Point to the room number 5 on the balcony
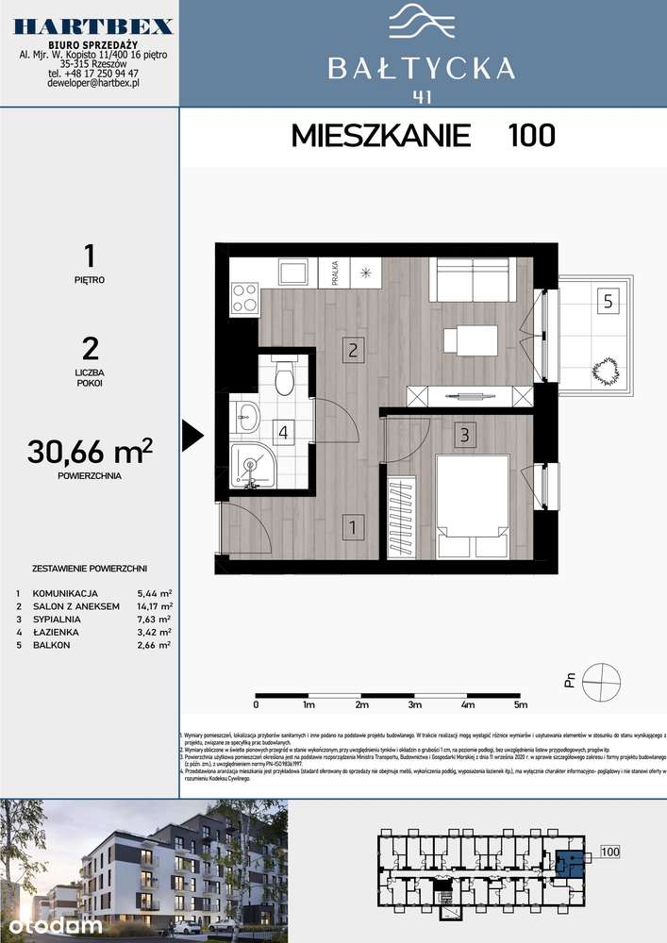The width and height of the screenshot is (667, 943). (609, 302)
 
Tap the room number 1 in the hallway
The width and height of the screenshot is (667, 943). (349, 528)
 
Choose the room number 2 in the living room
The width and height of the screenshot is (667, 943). (350, 351)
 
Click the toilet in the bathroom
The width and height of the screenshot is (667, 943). (282, 379)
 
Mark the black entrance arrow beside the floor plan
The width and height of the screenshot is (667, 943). (192, 435)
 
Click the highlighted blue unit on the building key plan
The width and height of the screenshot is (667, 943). (569, 861)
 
